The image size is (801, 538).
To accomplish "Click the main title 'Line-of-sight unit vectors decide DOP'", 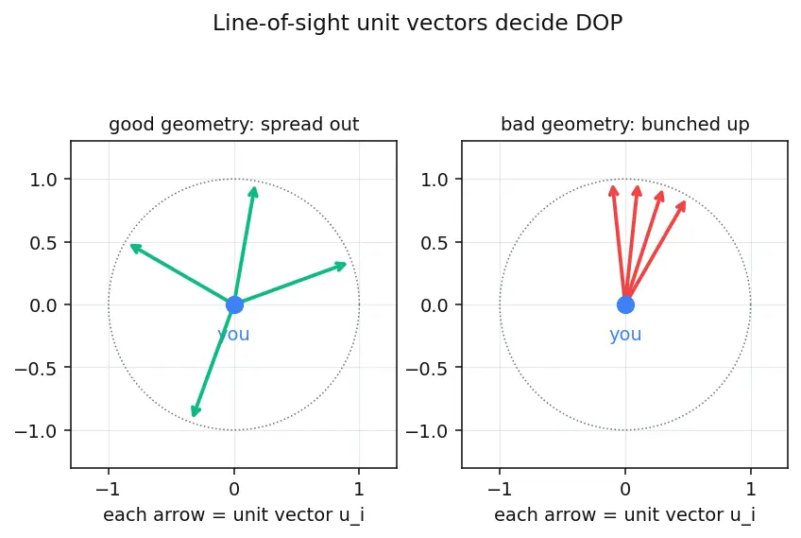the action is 418,24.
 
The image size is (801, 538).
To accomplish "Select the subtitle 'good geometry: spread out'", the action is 234,124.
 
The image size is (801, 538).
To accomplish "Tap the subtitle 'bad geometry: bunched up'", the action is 624,124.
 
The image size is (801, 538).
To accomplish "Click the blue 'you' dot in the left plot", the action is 234,304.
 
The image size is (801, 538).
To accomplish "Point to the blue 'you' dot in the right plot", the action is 625,304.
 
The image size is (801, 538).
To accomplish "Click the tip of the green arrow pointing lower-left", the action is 193,416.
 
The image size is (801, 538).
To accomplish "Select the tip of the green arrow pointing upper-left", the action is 130,246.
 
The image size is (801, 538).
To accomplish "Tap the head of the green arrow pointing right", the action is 347,264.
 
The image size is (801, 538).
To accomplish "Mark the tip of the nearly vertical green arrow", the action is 254,187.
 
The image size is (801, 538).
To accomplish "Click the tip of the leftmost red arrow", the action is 612,186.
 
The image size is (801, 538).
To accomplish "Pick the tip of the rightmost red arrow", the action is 685,201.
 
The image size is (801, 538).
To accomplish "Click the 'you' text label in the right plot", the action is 625,335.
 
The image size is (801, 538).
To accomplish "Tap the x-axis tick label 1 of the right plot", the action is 750,490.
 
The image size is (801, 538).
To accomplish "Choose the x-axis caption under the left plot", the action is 234,515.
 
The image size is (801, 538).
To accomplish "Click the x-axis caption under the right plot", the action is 624,515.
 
